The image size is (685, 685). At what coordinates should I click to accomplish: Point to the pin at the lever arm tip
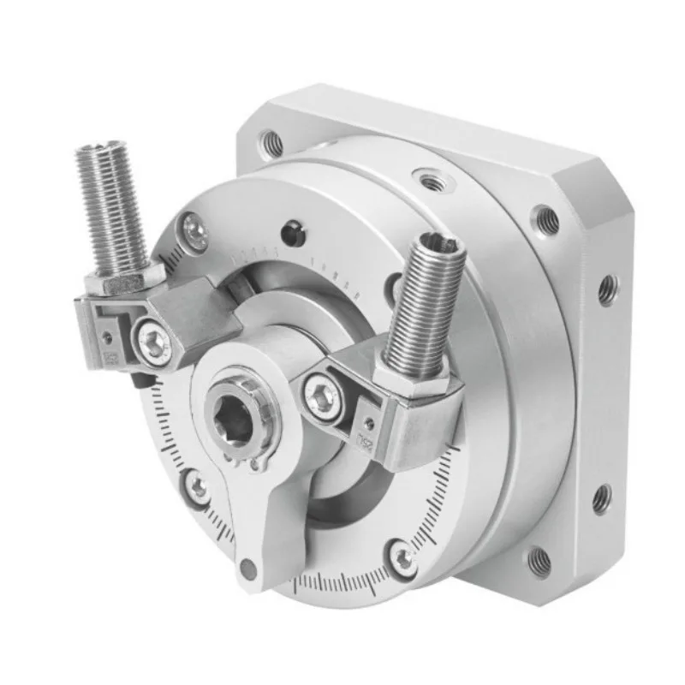point(248,568)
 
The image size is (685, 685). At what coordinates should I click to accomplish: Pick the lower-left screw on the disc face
point(198,489)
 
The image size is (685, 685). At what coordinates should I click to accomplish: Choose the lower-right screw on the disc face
point(401,558)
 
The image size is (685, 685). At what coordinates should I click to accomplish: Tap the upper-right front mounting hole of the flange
point(545,221)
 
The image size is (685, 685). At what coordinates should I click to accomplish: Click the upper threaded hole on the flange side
point(606,289)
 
